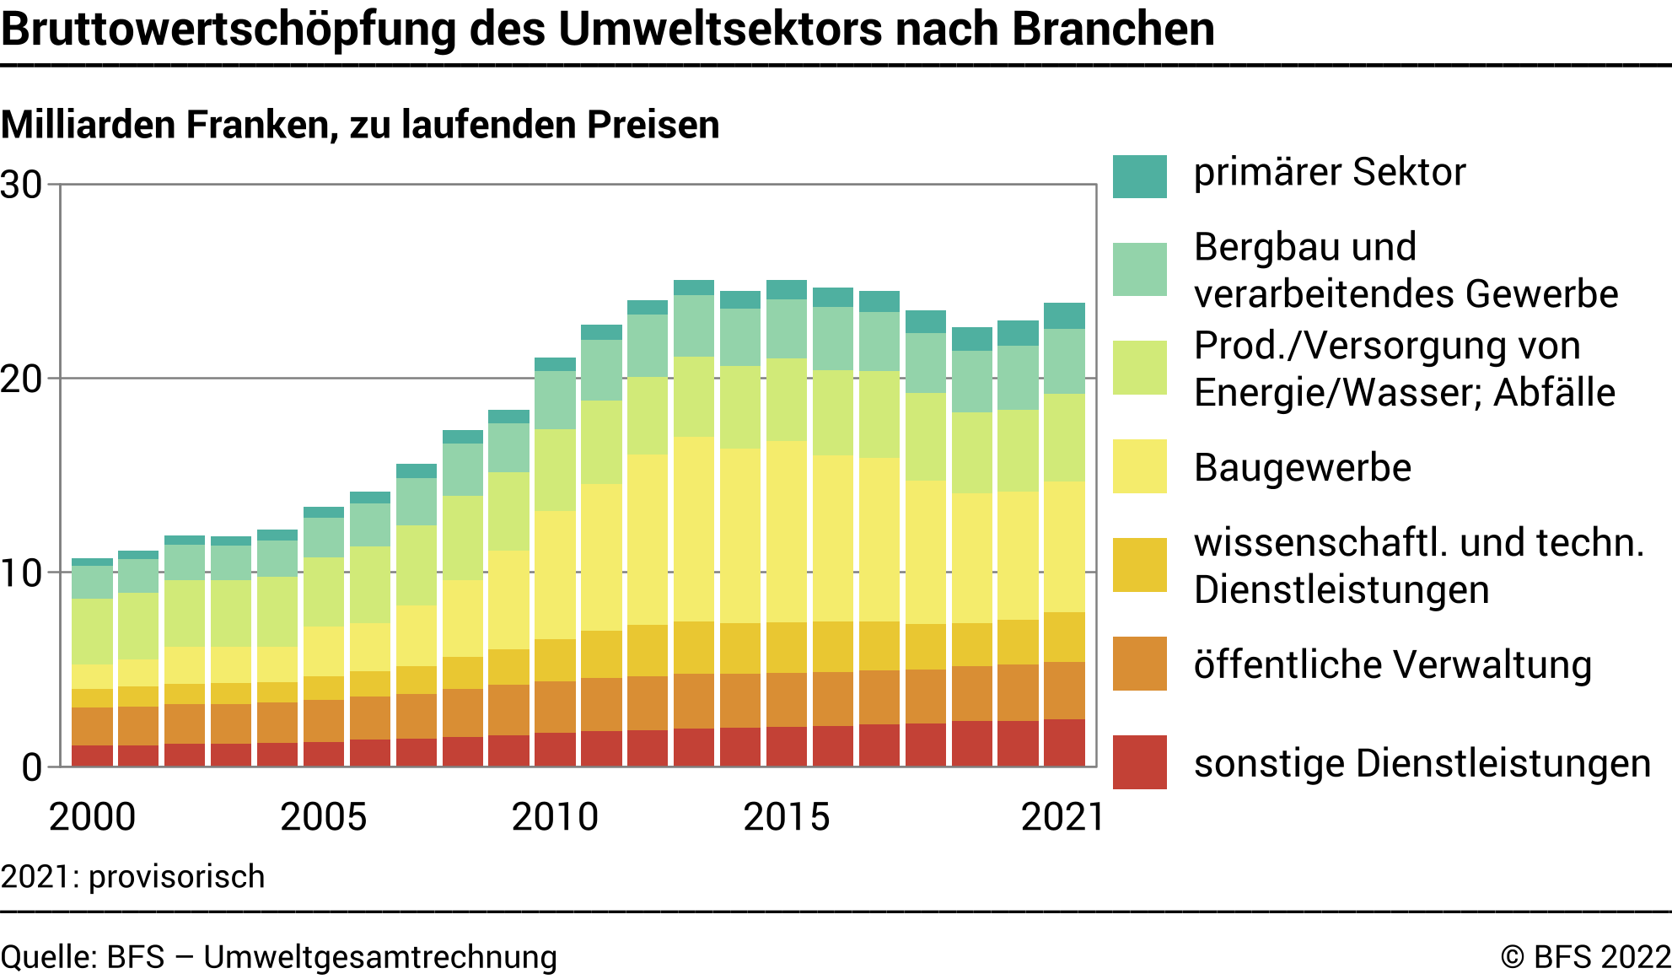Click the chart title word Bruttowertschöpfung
(x=228, y=30)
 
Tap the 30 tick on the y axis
(x=22, y=186)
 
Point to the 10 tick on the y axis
(x=22, y=574)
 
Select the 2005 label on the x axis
(x=323, y=817)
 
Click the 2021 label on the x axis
(x=1062, y=817)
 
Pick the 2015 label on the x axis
(x=786, y=817)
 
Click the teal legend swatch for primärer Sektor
(x=1139, y=176)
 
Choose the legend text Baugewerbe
(x=1302, y=468)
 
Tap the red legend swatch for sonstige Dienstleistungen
(x=1139, y=762)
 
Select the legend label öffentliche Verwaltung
(x=1392, y=665)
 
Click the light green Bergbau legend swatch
(x=1139, y=270)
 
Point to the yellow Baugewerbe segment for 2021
(x=1064, y=546)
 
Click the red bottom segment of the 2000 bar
(x=92, y=756)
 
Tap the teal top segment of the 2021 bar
(x=1064, y=316)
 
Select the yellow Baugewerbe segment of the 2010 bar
(x=555, y=574)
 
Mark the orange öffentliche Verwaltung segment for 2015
(x=786, y=699)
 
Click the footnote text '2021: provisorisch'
(x=133, y=877)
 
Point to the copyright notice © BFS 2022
(x=1585, y=958)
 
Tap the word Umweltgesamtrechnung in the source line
(x=380, y=958)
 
